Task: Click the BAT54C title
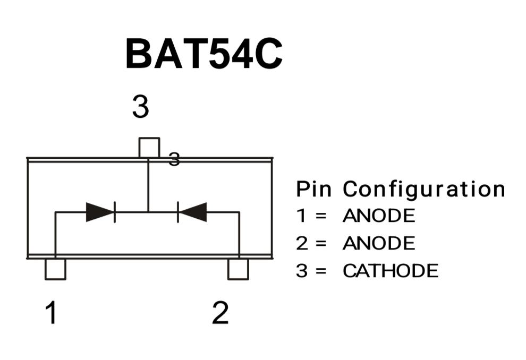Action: pos(203,54)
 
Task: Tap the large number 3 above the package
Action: pos(140,107)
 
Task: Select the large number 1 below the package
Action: pos(51,313)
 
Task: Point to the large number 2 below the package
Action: pos(220,313)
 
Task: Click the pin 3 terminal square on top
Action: pos(149,147)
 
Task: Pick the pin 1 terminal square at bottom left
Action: pos(55,269)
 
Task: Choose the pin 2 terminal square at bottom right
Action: pos(238,269)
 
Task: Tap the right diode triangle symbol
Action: pos(192,212)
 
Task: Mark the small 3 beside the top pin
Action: pos(174,159)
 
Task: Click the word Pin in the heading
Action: pos(313,189)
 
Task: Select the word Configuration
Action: pos(423,189)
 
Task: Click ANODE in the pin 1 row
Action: pos(378,216)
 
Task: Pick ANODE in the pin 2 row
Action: pos(378,244)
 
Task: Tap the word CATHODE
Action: pos(391,271)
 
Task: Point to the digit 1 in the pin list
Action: pos(301,216)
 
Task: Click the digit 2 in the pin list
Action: pos(302,244)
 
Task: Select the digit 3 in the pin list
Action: pos(302,271)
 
